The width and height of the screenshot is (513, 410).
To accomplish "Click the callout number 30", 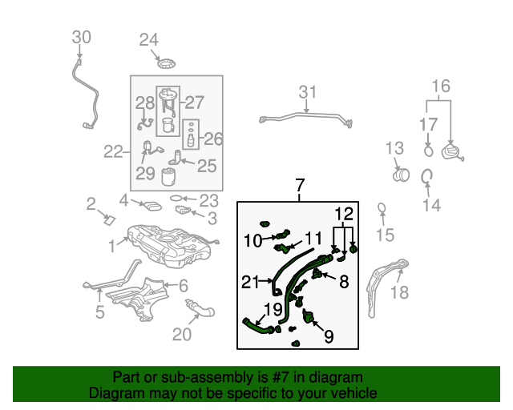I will click(82, 37).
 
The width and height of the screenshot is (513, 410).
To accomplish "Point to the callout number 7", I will click(300, 187).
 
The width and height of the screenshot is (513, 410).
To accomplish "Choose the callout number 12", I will click(343, 214).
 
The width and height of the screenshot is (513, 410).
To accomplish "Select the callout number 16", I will click(442, 86).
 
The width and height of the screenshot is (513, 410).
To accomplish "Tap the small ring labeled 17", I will click(429, 149).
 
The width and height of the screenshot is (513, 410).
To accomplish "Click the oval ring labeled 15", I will click(383, 209).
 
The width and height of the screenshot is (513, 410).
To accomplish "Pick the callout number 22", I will click(113, 151).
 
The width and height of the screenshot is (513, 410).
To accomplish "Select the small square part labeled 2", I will click(110, 219).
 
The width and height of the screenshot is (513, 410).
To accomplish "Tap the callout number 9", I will click(328, 337).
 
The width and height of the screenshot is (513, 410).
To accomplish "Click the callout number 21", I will click(251, 281).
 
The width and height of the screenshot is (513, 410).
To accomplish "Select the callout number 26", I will click(212, 139).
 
